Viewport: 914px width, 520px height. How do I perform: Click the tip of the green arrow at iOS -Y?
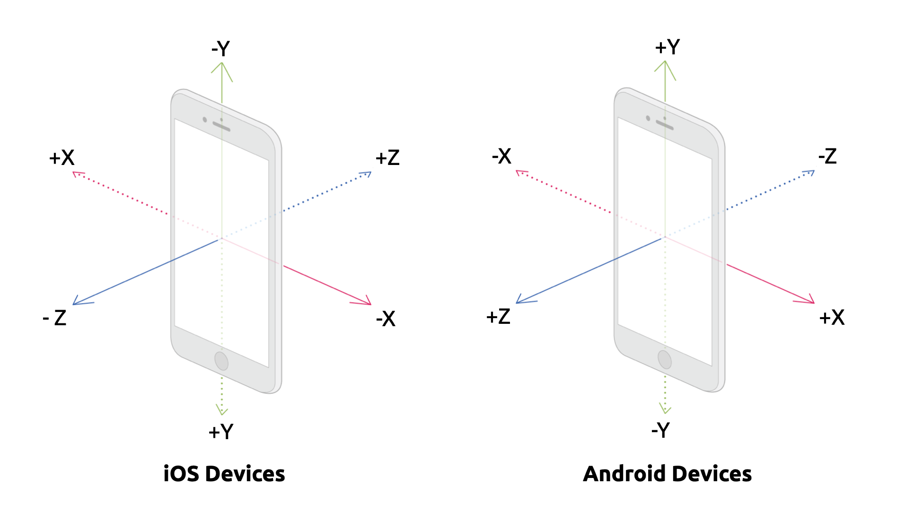click(x=222, y=62)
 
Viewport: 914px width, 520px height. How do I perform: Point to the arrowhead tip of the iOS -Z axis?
click(x=73, y=304)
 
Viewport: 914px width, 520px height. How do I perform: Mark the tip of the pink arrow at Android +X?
click(x=814, y=303)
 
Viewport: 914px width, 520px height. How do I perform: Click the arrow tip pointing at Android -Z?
click(x=814, y=171)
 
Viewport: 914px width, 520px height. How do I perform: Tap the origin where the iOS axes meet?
click(x=221, y=238)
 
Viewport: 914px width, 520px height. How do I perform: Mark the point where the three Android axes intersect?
click(x=665, y=237)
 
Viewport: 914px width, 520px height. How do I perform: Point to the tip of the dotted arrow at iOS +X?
click(x=73, y=172)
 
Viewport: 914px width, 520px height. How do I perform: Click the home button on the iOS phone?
click(x=221, y=361)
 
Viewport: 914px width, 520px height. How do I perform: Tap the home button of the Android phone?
click(x=665, y=359)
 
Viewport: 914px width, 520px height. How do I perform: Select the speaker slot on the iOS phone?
click(x=221, y=126)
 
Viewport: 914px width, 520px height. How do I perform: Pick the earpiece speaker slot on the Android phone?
click(x=665, y=125)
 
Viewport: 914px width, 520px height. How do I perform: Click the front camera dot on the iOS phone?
click(x=205, y=120)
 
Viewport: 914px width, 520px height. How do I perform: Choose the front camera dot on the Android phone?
click(x=648, y=118)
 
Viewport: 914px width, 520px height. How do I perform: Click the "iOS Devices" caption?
click(x=224, y=474)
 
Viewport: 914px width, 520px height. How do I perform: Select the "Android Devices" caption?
click(x=668, y=474)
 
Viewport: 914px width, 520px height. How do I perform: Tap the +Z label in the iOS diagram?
click(x=387, y=158)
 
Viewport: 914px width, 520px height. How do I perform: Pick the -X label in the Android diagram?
click(x=502, y=156)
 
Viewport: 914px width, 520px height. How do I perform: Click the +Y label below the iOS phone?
click(x=221, y=432)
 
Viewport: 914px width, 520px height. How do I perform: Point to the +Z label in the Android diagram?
click(x=498, y=317)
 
